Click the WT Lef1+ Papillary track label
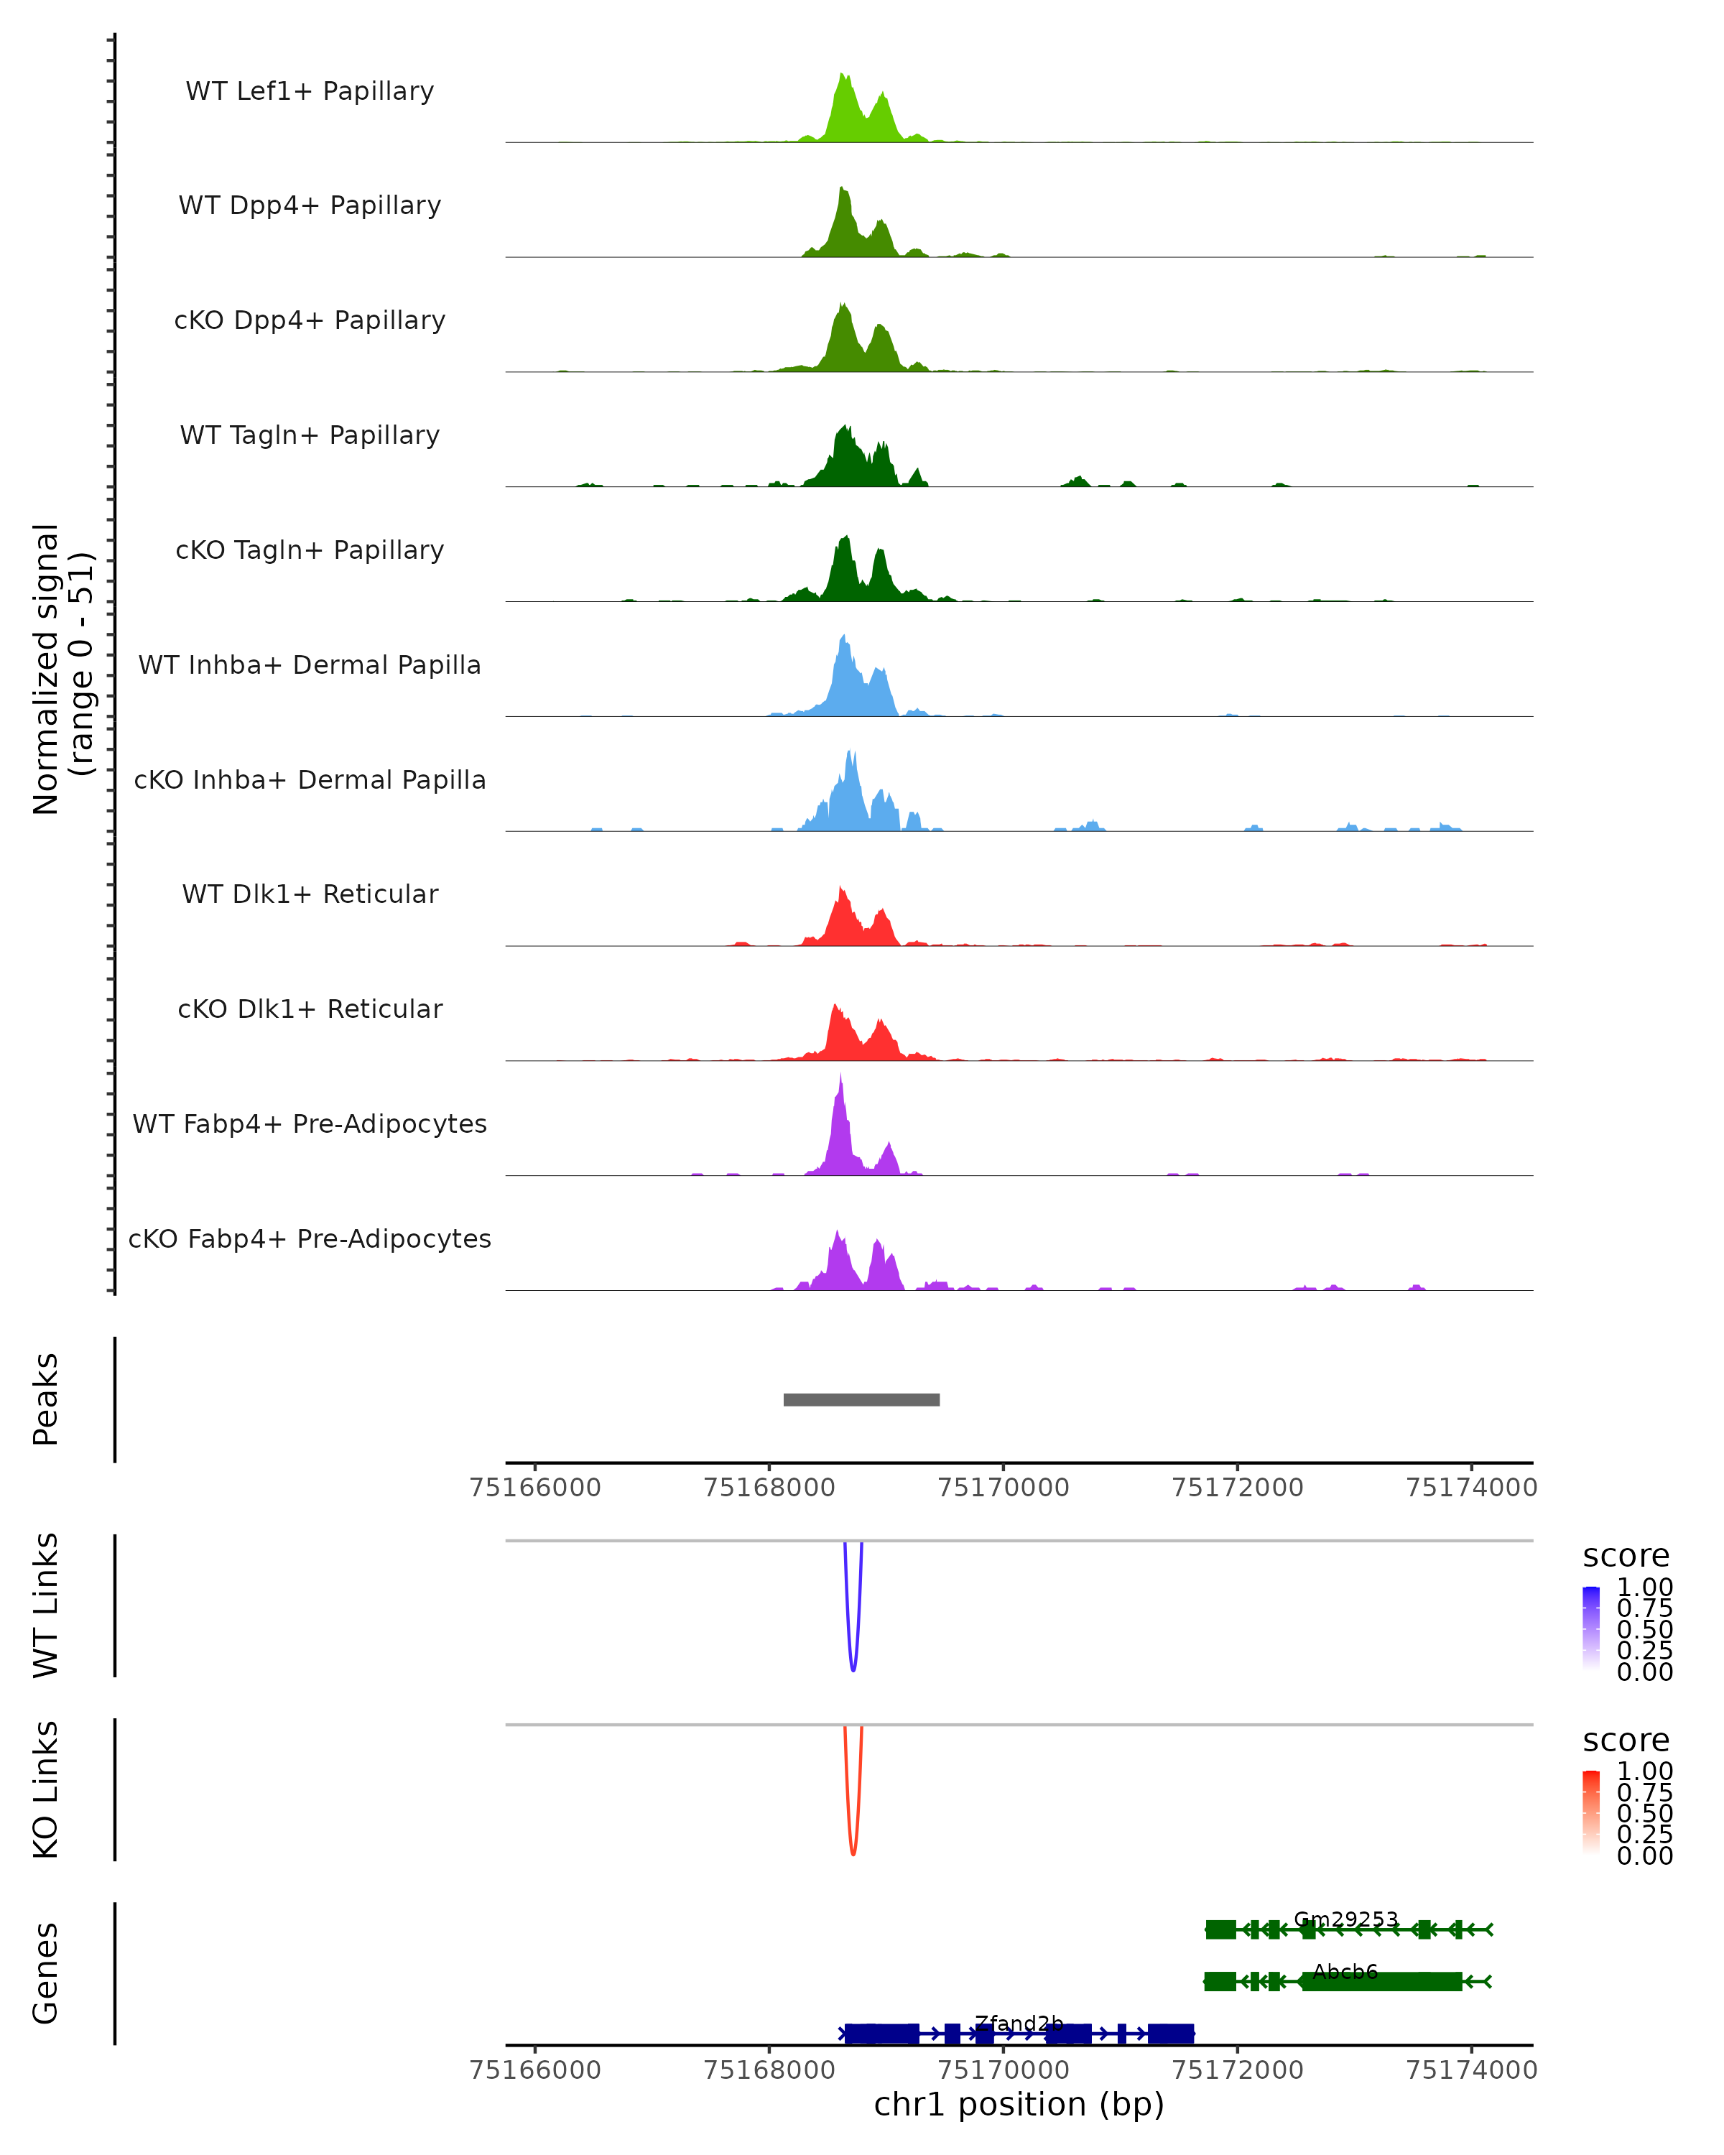click(310, 91)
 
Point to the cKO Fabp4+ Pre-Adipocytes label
click(310, 1238)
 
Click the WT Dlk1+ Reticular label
click(310, 894)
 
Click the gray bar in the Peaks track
click(861, 1399)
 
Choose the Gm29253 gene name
click(1345, 1919)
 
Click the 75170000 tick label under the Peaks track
click(1004, 1488)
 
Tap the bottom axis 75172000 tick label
click(1237, 2070)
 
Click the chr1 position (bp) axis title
click(1019, 2105)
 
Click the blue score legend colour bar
click(1591, 1628)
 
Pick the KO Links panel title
click(45, 1789)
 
